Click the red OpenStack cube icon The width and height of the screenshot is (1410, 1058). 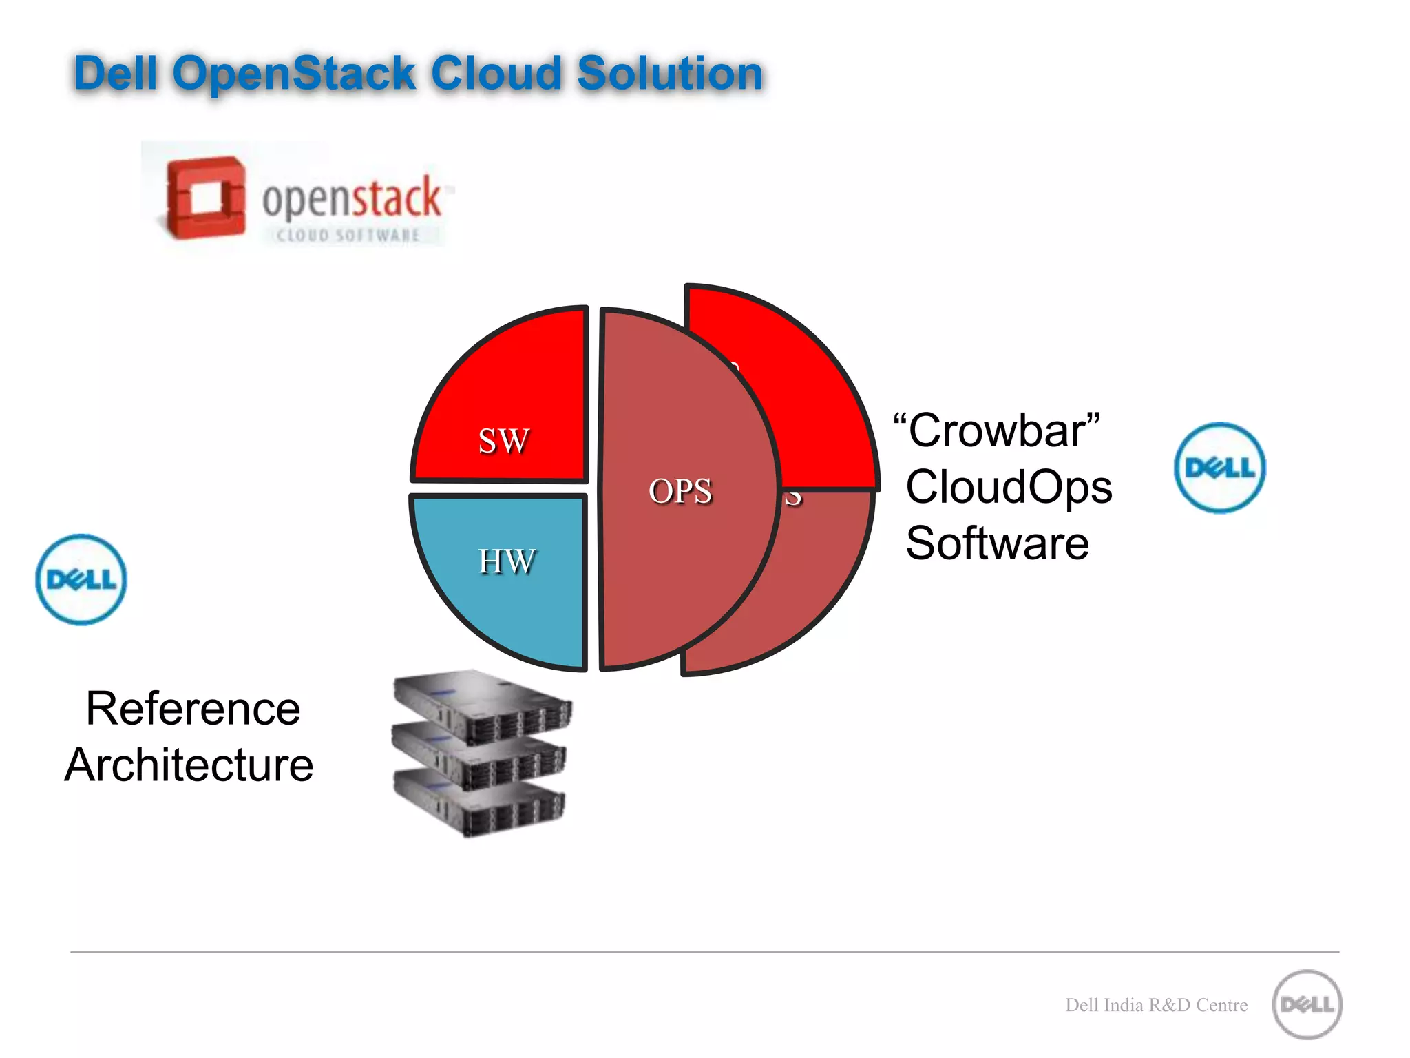[x=205, y=198]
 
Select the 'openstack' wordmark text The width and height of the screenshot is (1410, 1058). [x=351, y=196]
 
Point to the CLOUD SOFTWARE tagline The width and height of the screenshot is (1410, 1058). [x=348, y=236]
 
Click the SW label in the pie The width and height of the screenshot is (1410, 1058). [x=504, y=441]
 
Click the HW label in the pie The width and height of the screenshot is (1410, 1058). [x=506, y=561]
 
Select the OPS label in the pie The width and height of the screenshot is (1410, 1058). [x=680, y=491]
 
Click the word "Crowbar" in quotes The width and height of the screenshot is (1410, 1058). [x=996, y=431]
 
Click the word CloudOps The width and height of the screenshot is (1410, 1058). [x=1009, y=487]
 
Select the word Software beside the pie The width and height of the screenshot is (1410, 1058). [x=997, y=543]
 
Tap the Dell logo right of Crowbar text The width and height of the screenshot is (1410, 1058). [x=1219, y=468]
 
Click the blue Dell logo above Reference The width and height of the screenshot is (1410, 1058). [x=81, y=579]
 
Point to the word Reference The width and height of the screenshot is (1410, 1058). [x=193, y=709]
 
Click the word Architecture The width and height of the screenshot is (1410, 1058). [x=189, y=765]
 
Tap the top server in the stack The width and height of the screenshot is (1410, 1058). [x=482, y=706]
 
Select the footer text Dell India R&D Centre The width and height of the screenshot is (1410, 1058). [x=1156, y=1005]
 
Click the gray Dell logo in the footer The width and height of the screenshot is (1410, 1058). [x=1307, y=1004]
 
